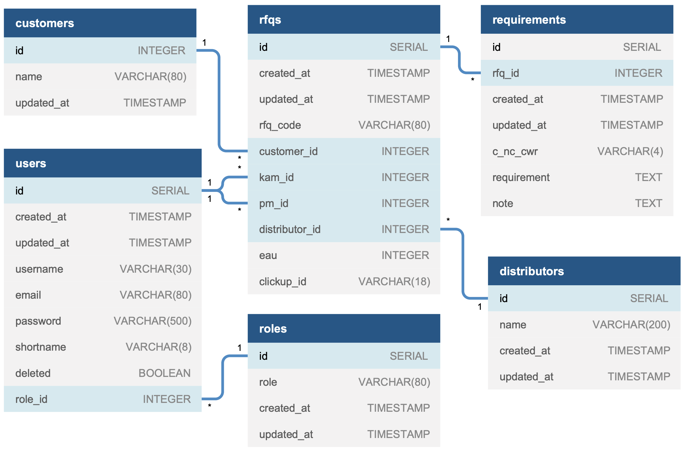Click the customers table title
(x=44, y=23)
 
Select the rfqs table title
(x=270, y=20)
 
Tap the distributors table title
(x=531, y=271)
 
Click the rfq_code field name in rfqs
(x=280, y=125)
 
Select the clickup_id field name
(x=282, y=281)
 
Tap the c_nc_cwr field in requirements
(x=515, y=151)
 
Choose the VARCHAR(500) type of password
(x=152, y=321)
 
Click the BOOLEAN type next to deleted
(x=164, y=373)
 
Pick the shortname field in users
(x=40, y=347)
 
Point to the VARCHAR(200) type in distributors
(x=631, y=324)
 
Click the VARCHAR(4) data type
(x=630, y=151)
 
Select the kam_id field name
(x=276, y=177)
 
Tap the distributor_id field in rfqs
(x=289, y=229)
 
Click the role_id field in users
(x=31, y=399)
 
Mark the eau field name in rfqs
(x=268, y=255)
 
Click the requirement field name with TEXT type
(x=520, y=177)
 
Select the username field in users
(x=39, y=269)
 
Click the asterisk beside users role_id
(x=209, y=406)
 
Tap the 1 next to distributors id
(x=479, y=306)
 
